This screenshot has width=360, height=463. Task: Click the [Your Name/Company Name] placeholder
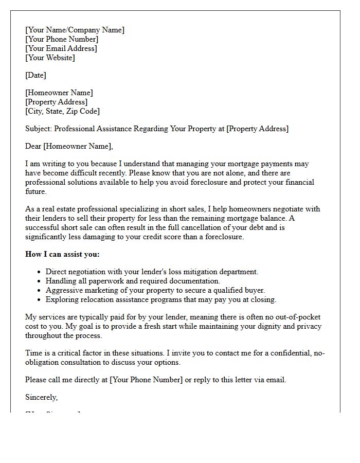pos(75,30)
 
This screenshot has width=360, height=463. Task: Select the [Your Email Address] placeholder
pos(61,48)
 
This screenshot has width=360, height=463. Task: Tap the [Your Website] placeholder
pos(50,58)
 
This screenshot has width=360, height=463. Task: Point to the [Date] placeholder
pos(35,75)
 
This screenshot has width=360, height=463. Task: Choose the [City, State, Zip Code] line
pos(62,111)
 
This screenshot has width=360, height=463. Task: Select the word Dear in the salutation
pos(33,146)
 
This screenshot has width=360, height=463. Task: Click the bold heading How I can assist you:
pos(62,254)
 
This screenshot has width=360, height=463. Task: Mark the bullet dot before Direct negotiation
pos(40,272)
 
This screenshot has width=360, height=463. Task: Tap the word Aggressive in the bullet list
pos(64,290)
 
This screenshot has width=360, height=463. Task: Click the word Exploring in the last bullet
pos(62,299)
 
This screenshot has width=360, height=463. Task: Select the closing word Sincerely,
pos(42,397)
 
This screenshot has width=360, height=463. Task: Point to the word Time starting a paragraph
pos(34,353)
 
